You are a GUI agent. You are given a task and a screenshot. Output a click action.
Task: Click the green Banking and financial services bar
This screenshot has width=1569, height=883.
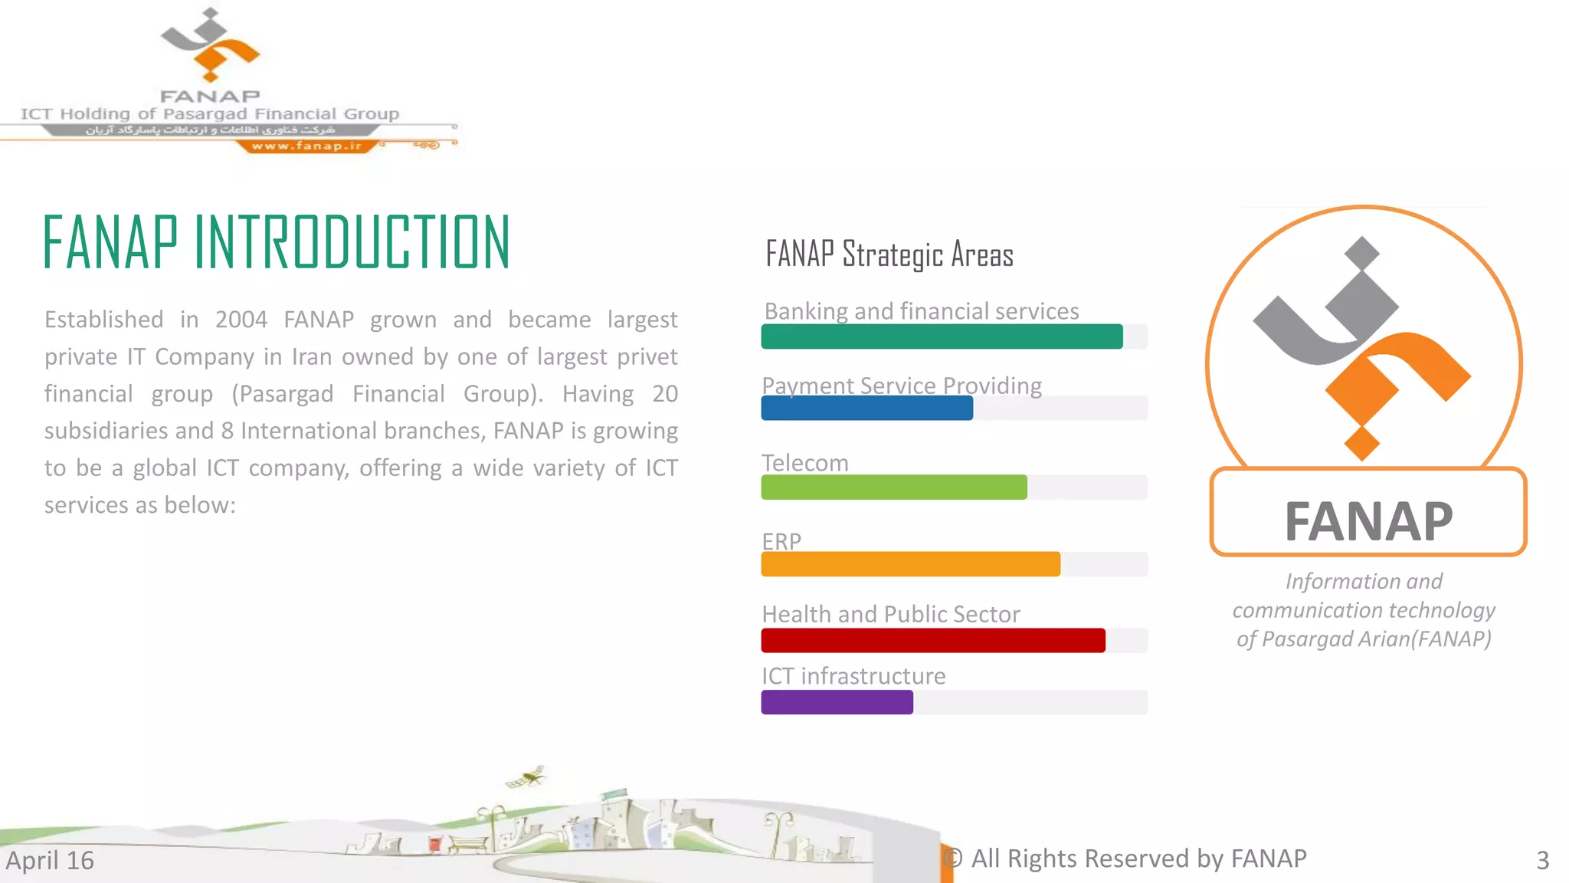point(942,336)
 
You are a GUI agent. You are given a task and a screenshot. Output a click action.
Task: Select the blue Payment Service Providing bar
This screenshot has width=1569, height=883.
point(866,409)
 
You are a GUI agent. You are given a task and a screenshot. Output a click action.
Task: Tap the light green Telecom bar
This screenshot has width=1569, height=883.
point(893,487)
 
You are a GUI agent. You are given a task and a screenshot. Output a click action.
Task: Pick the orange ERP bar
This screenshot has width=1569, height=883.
point(910,564)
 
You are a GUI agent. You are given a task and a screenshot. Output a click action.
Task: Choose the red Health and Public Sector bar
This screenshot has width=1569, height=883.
point(932,640)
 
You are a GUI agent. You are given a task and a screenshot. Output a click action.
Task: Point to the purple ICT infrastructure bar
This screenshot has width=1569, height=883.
point(837,702)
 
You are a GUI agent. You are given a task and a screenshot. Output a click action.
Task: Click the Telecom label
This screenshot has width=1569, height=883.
point(804,463)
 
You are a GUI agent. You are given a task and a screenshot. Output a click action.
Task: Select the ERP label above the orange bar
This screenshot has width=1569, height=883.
point(781,541)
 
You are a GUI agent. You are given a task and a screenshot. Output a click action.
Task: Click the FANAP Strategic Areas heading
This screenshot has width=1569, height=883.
point(889,254)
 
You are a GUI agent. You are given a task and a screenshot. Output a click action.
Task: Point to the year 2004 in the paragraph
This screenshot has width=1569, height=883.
point(241,319)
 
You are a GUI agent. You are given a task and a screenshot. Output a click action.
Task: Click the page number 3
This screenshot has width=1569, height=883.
point(1542,860)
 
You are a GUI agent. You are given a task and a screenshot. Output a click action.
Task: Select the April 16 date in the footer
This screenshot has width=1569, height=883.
point(50,860)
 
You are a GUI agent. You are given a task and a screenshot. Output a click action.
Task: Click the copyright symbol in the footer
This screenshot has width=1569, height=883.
point(952,858)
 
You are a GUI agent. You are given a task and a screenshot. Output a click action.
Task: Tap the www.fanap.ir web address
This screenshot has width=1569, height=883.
point(306,146)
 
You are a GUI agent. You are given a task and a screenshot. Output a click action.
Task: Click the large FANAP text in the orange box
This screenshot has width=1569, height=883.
point(1368,521)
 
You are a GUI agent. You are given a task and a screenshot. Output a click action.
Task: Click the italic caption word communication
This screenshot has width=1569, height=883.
point(1299,610)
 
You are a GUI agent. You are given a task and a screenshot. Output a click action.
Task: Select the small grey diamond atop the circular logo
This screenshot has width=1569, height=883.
point(1361,252)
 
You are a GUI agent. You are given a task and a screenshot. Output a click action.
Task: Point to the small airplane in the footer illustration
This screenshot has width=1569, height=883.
point(526,777)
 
